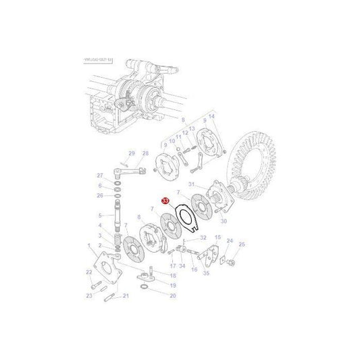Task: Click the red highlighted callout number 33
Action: [x=165, y=201]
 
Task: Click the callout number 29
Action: [x=132, y=153]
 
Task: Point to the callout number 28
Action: [x=145, y=153]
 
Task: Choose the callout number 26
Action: [x=100, y=196]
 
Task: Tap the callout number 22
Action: [x=88, y=272]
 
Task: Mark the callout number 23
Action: [x=88, y=295]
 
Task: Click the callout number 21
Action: [x=125, y=296]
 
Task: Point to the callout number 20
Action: [x=172, y=295]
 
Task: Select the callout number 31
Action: [x=192, y=184]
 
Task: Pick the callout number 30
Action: [x=224, y=221]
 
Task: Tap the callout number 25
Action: [x=242, y=245]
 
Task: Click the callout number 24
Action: [x=230, y=240]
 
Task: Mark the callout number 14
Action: [x=211, y=117]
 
